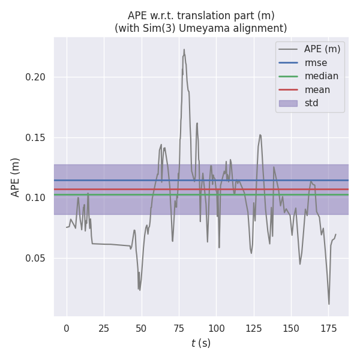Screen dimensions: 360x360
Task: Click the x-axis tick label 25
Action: click(x=104, y=329)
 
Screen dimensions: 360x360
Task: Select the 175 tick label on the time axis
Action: click(x=328, y=329)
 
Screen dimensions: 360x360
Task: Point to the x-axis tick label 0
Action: click(x=67, y=329)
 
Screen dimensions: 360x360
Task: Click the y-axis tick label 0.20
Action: click(x=37, y=77)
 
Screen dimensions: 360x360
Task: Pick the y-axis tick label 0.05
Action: click(x=37, y=258)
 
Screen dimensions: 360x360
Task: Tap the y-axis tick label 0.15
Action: click(x=37, y=137)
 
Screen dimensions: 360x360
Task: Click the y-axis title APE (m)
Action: click(x=16, y=177)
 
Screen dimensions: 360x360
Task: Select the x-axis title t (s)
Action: click(x=201, y=343)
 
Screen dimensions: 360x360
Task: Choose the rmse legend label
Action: click(x=315, y=62)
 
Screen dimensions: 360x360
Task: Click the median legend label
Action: click(x=321, y=76)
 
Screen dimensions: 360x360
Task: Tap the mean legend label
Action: click(x=317, y=90)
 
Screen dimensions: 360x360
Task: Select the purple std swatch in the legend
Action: click(x=289, y=103)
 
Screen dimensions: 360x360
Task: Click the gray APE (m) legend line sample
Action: click(x=289, y=49)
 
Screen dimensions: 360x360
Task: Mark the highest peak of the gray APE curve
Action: click(x=184, y=50)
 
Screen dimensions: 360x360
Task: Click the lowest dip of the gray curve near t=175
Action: click(x=329, y=304)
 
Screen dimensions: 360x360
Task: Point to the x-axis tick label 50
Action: click(x=141, y=329)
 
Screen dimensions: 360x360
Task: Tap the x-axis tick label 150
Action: click(x=291, y=329)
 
